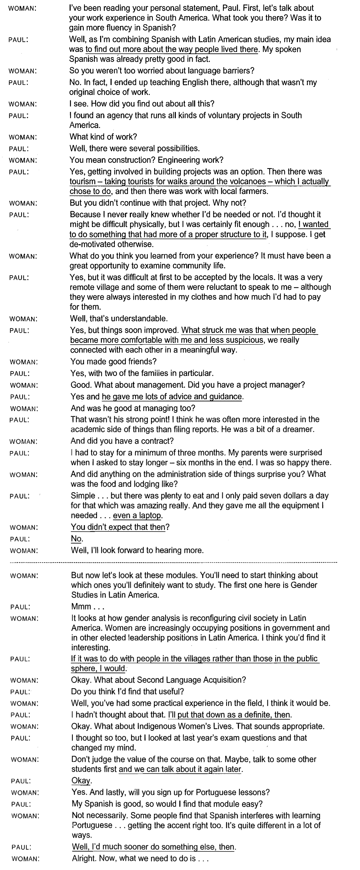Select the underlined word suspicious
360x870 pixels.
(242, 340)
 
